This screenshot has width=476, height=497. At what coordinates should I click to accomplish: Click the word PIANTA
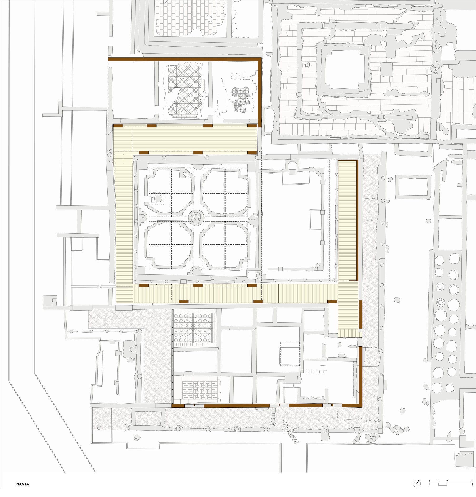pyautogui.click(x=22, y=484)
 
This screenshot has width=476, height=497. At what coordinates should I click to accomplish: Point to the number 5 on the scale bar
pyautogui.click(x=472, y=481)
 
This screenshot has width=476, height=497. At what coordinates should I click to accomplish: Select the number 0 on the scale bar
pyautogui.click(x=430, y=481)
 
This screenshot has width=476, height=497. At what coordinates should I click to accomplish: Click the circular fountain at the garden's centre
pyautogui.click(x=196, y=218)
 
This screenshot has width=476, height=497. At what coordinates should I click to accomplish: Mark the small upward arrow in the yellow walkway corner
pyautogui.click(x=123, y=158)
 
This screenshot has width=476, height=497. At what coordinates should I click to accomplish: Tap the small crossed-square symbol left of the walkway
pyautogui.click(x=100, y=287)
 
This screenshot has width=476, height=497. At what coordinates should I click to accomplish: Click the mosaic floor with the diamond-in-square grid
pyautogui.click(x=195, y=328)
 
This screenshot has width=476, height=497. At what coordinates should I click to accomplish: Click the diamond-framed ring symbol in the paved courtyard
pyautogui.click(x=307, y=65)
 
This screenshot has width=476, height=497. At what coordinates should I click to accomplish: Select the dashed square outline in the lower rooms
pyautogui.click(x=290, y=354)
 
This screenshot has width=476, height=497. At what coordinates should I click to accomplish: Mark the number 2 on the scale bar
pyautogui.click(x=447, y=481)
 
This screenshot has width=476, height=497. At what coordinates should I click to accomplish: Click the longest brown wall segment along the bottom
pyautogui.click(x=237, y=406)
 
